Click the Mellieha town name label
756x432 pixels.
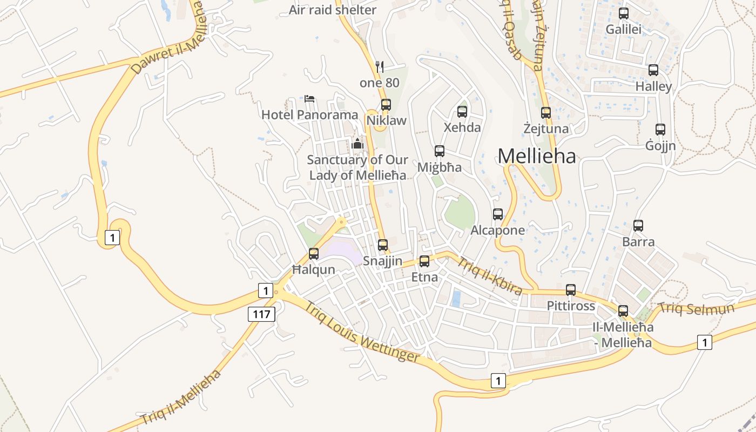(537, 156)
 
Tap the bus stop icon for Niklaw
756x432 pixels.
(386, 105)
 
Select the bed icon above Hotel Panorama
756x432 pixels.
(309, 99)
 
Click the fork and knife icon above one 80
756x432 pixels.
(380, 67)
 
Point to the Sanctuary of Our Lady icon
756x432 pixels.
(357, 144)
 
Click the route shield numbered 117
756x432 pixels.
(262, 314)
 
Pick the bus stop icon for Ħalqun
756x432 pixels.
(314, 253)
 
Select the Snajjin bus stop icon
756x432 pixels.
(383, 245)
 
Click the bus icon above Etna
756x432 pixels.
(424, 261)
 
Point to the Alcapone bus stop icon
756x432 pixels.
(498, 214)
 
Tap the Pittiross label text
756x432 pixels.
(571, 306)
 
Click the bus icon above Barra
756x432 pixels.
(638, 226)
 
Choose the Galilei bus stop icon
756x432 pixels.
(624, 13)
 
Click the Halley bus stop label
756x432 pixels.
(653, 86)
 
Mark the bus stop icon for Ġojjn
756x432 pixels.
(660, 130)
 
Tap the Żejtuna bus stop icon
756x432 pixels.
(546, 113)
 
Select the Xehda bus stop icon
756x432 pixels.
(462, 112)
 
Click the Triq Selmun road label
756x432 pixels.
(696, 309)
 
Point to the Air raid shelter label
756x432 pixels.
(333, 10)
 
